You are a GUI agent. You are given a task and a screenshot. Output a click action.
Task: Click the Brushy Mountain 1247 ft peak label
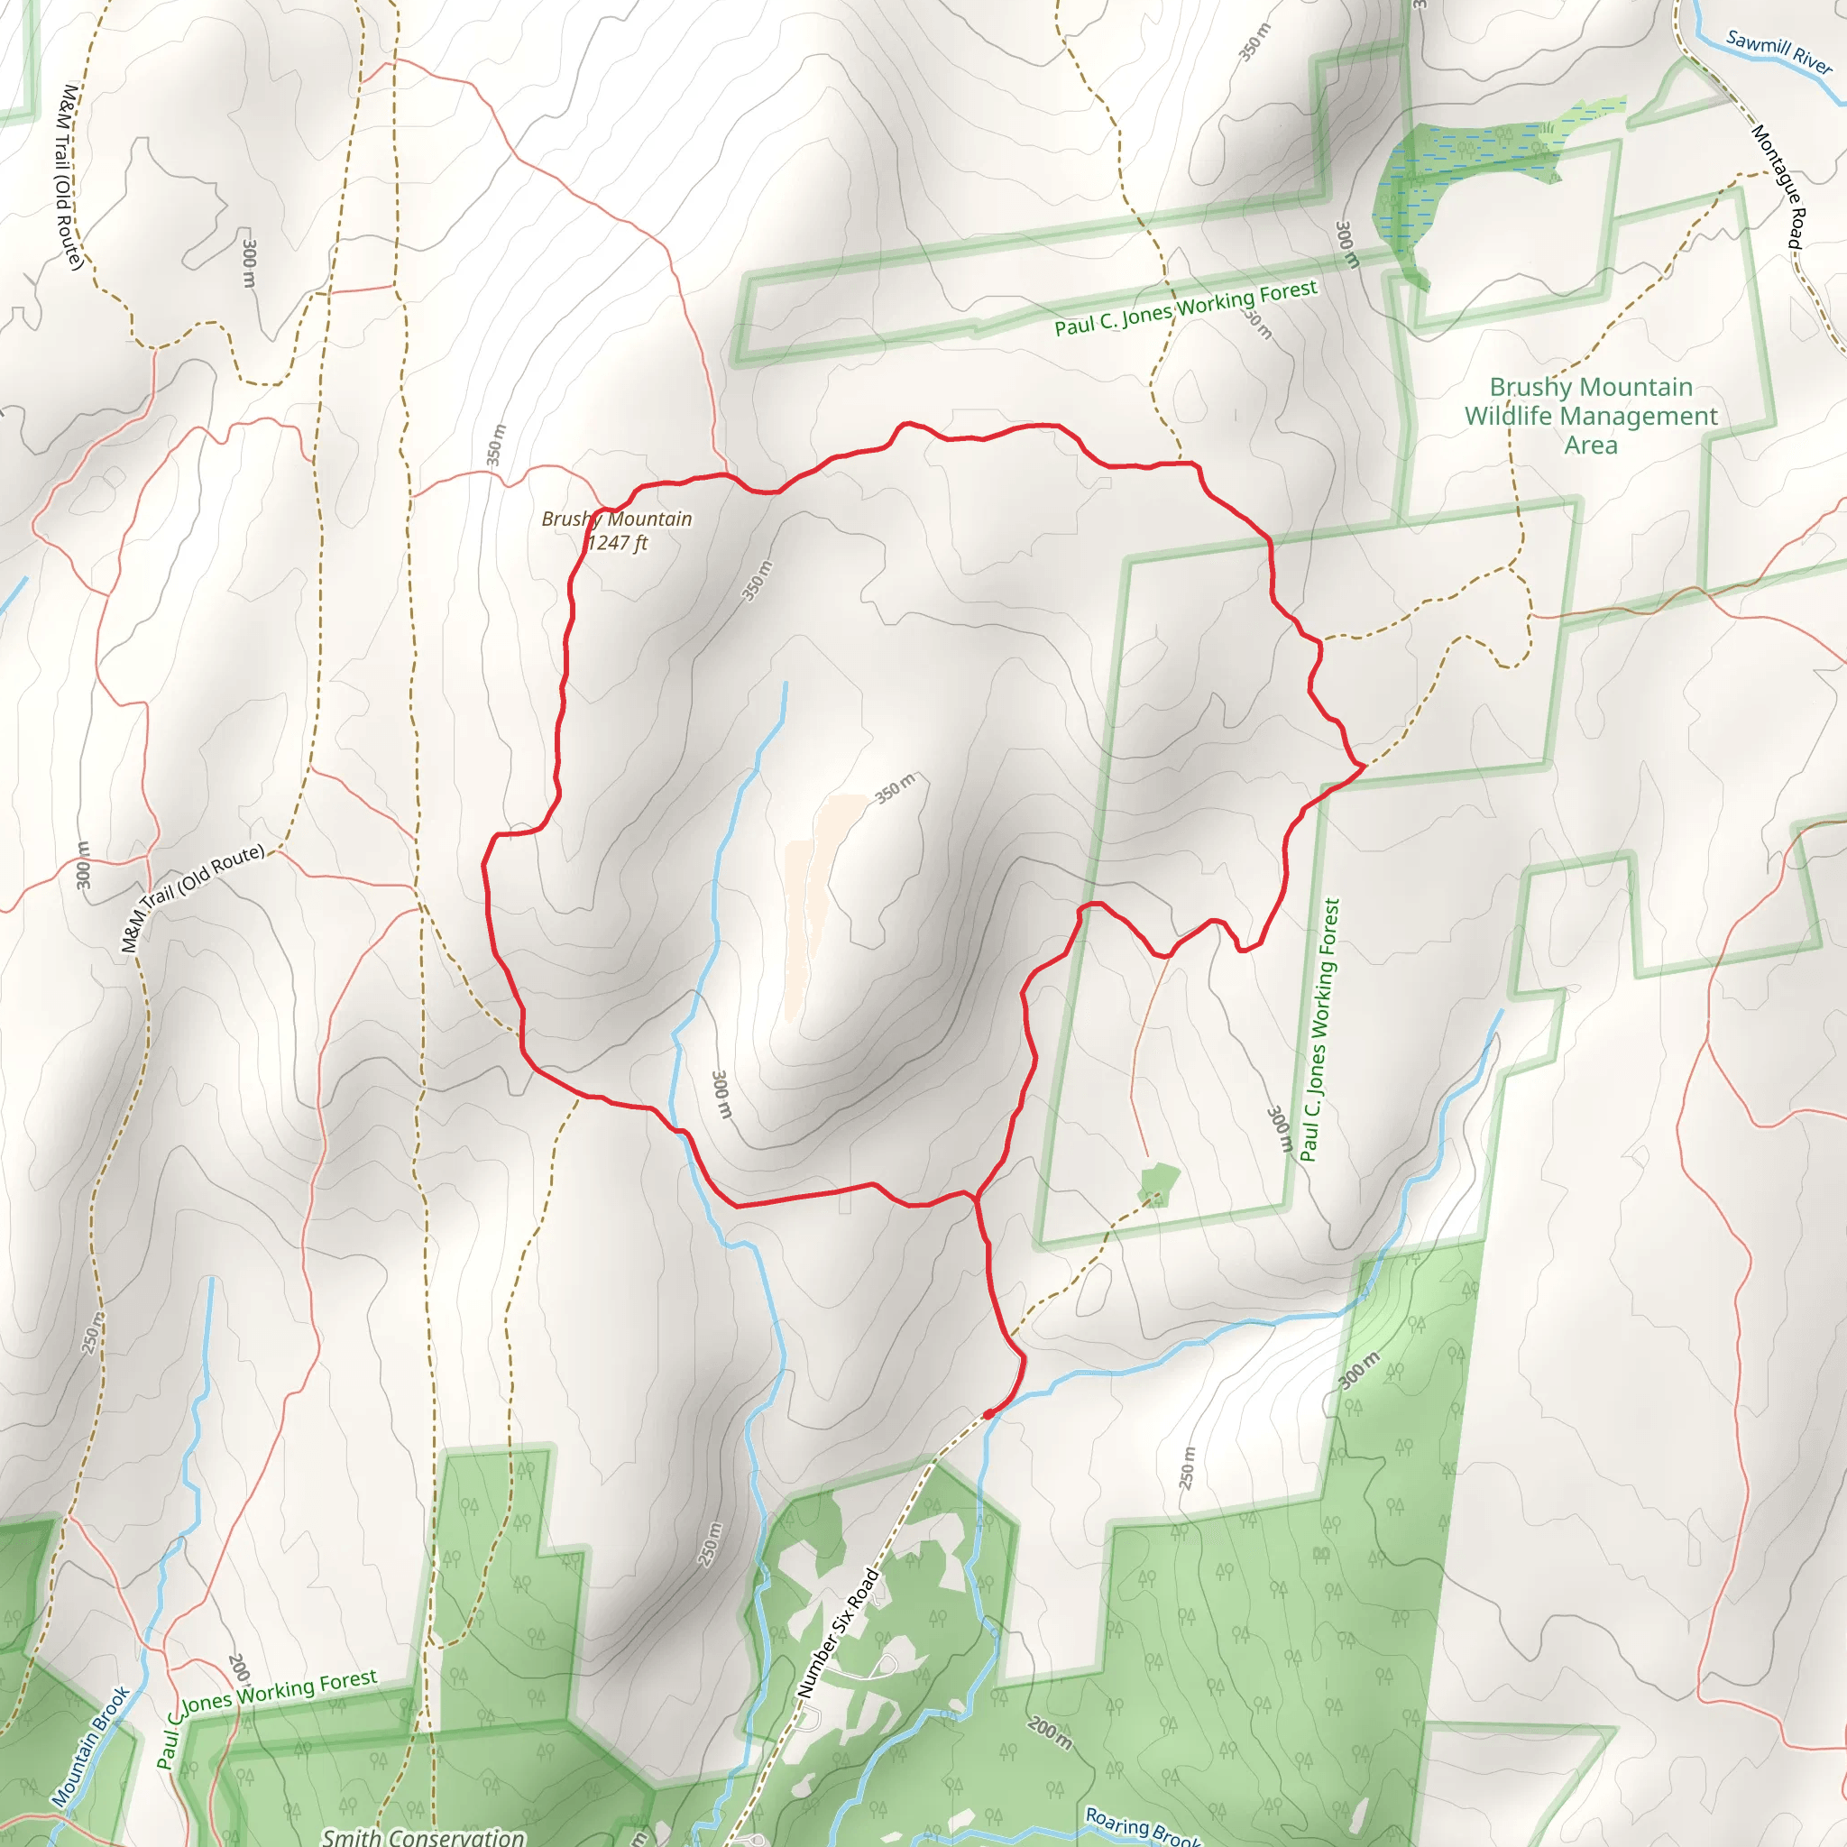(x=617, y=530)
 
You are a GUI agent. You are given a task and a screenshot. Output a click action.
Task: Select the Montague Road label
(x=1778, y=187)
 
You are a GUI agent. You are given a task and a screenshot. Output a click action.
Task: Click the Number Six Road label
(x=839, y=1634)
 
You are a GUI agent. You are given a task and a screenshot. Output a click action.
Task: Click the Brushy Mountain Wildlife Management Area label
(x=1591, y=416)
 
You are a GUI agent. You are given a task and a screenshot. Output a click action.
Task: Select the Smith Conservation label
(x=424, y=1835)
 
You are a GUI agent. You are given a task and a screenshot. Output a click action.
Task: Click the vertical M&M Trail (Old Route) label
(x=69, y=177)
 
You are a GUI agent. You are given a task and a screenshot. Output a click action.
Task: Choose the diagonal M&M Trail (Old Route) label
(x=192, y=897)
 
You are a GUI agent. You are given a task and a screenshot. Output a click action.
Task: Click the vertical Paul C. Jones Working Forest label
(x=1321, y=1029)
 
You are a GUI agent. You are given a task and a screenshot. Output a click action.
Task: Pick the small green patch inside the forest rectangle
(x=1159, y=1182)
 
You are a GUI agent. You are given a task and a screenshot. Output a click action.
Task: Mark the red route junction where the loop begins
(x=974, y=1196)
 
